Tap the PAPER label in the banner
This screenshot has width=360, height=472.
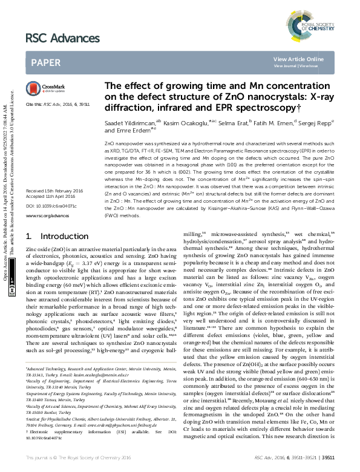coord(45,62)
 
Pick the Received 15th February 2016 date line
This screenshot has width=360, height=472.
coord(55,191)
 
